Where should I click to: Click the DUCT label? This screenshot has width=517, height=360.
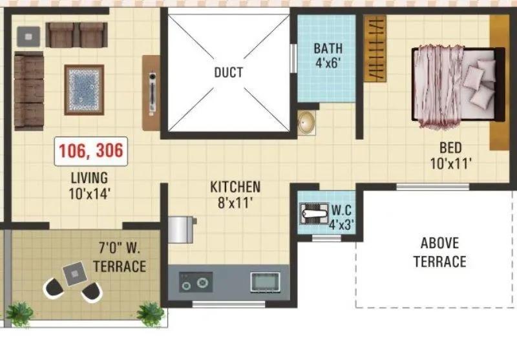(x=228, y=72)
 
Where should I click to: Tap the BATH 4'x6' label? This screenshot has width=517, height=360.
(x=328, y=56)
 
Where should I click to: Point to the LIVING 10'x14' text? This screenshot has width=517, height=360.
(x=90, y=184)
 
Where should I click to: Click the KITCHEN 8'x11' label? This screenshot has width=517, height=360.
(x=235, y=195)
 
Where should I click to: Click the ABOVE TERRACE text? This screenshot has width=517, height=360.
(x=439, y=253)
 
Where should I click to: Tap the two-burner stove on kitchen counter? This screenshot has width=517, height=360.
(x=196, y=282)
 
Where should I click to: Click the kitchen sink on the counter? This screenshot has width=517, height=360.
(x=265, y=282)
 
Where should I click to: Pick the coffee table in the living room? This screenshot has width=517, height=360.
(x=83, y=89)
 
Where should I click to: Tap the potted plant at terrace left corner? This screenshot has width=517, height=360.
(x=19, y=313)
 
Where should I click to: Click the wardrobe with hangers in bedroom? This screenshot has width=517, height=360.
(x=375, y=48)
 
